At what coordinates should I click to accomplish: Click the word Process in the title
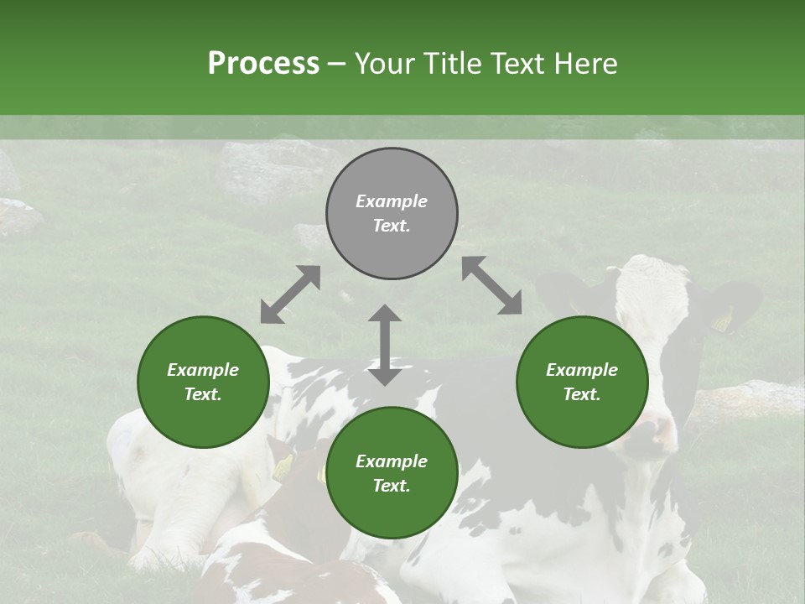(263, 63)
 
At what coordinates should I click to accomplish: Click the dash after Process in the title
(337, 64)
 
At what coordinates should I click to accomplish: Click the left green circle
(203, 382)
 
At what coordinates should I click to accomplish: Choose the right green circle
(582, 382)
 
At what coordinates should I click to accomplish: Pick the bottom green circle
(392, 472)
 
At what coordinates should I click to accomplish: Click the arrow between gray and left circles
(290, 294)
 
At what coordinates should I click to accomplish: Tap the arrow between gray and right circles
(491, 285)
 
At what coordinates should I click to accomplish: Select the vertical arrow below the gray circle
(385, 345)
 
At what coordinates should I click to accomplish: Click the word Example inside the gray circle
(392, 201)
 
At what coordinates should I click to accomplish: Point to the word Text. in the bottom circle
(392, 486)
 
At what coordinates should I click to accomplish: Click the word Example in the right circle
(582, 370)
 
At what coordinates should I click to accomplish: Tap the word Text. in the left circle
(203, 394)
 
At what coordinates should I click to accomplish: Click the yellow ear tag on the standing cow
(721, 320)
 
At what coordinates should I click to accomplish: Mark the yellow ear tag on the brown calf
(283, 466)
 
